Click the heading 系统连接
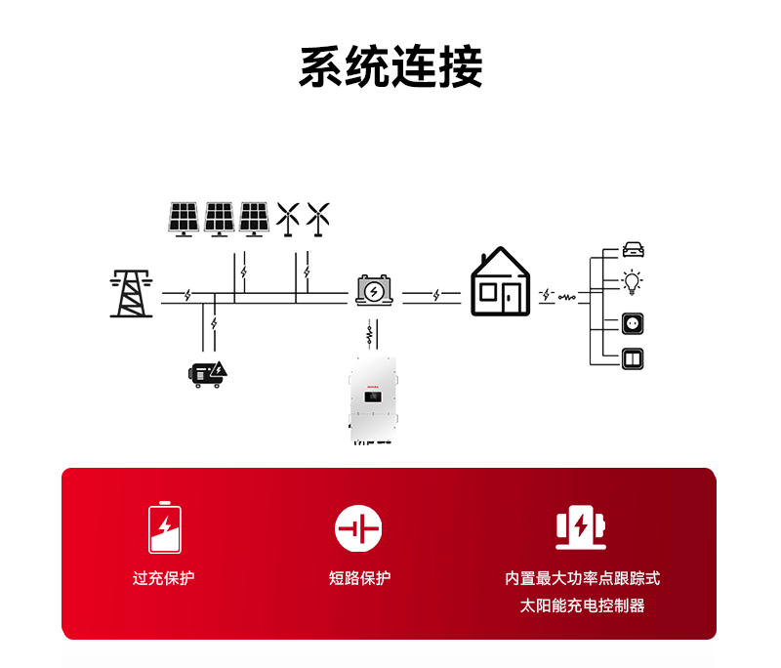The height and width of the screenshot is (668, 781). click(390, 67)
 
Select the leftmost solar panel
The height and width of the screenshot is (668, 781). click(184, 219)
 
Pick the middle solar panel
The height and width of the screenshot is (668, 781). click(219, 219)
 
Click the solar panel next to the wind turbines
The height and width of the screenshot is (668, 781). click(254, 219)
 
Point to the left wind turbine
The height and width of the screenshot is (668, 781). click(287, 219)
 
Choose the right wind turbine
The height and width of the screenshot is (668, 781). click(318, 219)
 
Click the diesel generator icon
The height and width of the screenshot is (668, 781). click(208, 373)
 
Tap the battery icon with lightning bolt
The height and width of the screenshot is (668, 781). click(374, 290)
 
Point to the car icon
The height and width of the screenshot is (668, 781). click(634, 250)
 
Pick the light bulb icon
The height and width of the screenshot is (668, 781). click(634, 283)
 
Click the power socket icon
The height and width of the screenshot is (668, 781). click(634, 323)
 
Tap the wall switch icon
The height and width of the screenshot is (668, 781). click(634, 358)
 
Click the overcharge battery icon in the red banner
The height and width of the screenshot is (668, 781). click(164, 527)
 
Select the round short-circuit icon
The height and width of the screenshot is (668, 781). click(358, 528)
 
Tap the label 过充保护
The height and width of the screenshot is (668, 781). click(164, 578)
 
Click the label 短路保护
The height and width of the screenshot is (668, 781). click(359, 578)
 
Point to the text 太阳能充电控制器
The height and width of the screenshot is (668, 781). click(583, 605)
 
